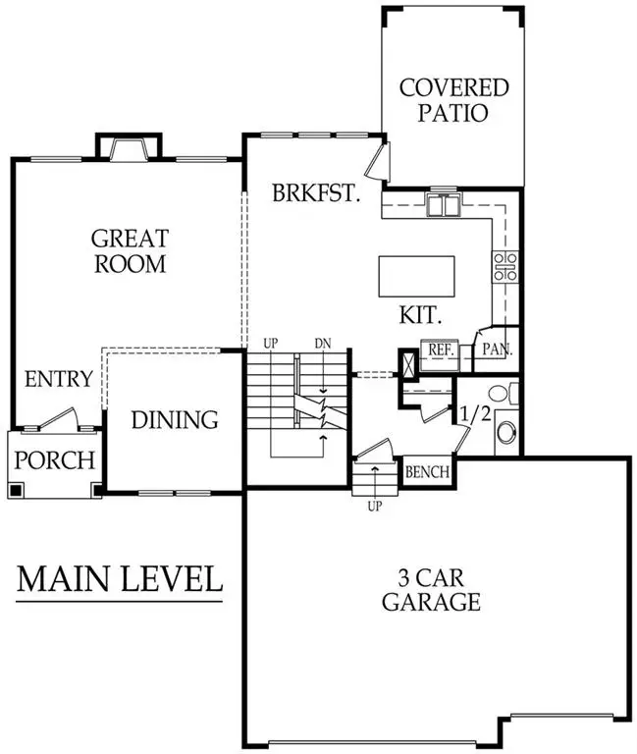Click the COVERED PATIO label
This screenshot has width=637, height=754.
(454, 99)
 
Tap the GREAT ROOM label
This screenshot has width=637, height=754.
(130, 250)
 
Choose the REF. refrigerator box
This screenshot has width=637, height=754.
(436, 351)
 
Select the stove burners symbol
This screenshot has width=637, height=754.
(505, 265)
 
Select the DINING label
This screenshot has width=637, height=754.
(175, 420)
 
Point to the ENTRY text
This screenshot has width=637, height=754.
(59, 379)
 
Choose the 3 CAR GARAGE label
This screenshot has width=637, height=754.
(432, 589)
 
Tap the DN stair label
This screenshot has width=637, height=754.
(323, 343)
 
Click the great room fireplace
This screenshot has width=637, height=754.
(125, 148)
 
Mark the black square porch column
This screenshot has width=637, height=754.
(17, 489)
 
